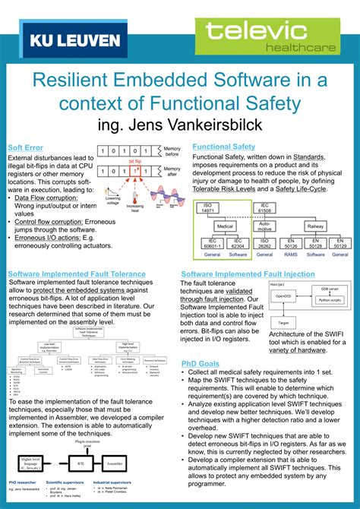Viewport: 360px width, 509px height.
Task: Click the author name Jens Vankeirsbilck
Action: click(179, 123)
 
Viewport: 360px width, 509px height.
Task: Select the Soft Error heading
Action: click(26, 147)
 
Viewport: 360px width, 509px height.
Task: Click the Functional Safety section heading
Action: click(223, 146)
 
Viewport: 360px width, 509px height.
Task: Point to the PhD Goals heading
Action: click(201, 363)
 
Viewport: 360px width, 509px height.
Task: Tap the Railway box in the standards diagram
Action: click(314, 226)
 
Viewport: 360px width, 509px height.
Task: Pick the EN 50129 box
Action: click(340, 244)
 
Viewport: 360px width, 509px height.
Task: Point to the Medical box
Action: click(225, 226)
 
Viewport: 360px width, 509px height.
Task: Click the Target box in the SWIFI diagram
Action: click(283, 322)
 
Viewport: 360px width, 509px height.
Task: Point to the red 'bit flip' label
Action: click(134, 162)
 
